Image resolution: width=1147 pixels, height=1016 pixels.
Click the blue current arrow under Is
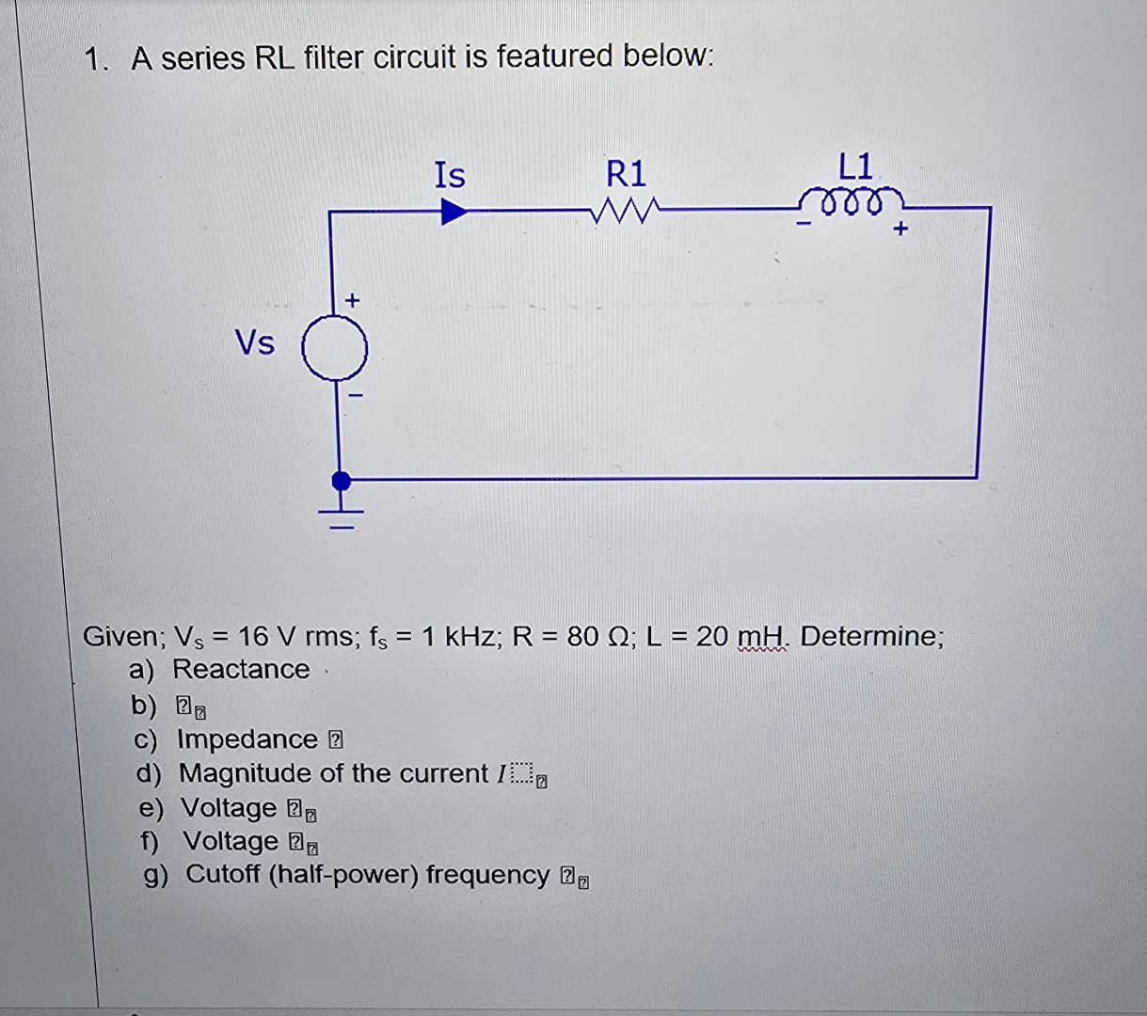[x=454, y=212]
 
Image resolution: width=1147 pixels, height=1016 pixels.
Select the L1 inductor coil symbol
[x=852, y=204]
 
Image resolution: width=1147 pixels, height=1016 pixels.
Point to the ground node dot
[x=342, y=481]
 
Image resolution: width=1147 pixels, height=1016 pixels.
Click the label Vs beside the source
[x=255, y=343]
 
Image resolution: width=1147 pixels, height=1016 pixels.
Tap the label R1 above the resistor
[x=626, y=174]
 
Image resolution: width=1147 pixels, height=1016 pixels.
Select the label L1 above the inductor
[x=855, y=167]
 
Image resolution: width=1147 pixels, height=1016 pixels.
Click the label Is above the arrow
[x=450, y=175]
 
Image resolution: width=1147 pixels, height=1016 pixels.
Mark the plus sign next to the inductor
[x=900, y=229]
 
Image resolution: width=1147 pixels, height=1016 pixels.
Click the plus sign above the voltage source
[x=352, y=301]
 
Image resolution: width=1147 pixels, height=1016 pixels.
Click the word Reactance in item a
[x=241, y=669]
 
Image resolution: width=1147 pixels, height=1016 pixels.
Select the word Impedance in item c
[x=247, y=739]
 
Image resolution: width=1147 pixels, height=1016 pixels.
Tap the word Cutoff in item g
[x=223, y=874]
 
